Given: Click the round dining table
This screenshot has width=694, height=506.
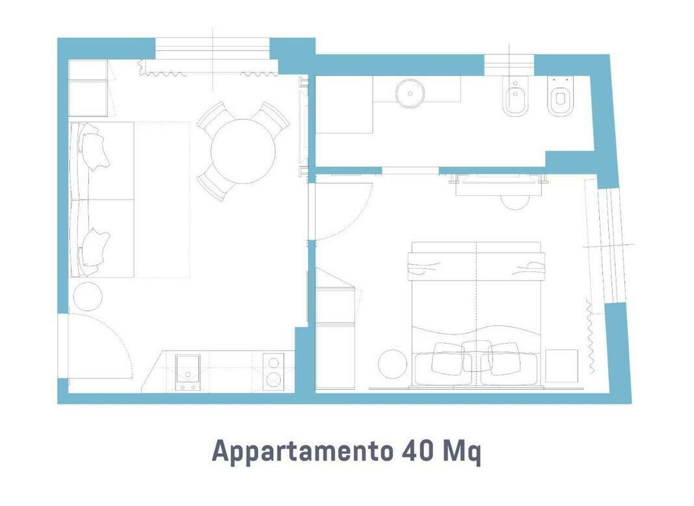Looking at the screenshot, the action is (x=243, y=151).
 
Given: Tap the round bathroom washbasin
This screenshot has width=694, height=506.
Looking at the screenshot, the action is (x=410, y=94).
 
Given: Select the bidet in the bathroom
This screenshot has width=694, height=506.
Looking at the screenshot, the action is (x=515, y=97).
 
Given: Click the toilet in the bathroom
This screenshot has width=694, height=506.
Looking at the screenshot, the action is (x=560, y=97).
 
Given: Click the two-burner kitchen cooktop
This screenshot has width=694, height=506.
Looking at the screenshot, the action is (x=274, y=372).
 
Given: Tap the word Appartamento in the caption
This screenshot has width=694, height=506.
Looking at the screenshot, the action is (x=302, y=451).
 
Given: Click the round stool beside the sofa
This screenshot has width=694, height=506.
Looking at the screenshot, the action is (x=88, y=296).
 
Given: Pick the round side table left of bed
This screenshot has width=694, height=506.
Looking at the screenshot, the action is (x=393, y=364).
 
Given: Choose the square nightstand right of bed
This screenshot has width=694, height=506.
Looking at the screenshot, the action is (x=562, y=366).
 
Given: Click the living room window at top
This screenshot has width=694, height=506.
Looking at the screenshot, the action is (x=213, y=49).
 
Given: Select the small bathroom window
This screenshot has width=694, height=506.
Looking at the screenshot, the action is (x=509, y=65).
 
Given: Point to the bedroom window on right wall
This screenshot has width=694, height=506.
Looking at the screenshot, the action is (x=611, y=246).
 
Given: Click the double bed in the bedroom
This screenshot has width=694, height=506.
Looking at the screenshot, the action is (x=476, y=314).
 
